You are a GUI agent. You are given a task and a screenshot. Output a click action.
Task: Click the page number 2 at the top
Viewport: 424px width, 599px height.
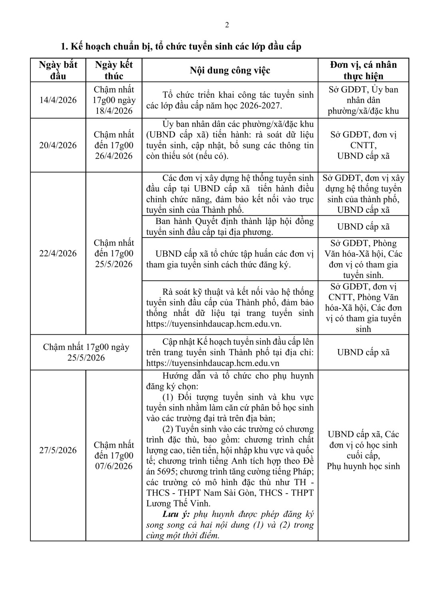(x=227, y=25)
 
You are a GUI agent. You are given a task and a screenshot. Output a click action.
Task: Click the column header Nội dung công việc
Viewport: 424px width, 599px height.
(x=230, y=71)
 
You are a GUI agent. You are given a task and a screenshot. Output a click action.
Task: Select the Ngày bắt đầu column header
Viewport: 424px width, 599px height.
(x=58, y=70)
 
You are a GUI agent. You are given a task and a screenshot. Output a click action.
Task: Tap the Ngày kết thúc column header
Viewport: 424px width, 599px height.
(x=114, y=70)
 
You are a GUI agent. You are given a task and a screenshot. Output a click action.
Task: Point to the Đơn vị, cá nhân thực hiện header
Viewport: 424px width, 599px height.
(x=363, y=70)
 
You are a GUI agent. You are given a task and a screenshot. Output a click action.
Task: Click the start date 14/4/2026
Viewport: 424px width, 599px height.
(x=58, y=100)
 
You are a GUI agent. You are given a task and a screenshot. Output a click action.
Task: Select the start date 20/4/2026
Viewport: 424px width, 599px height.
(x=58, y=145)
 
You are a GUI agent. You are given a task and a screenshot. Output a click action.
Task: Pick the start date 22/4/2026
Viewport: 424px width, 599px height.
(x=58, y=253)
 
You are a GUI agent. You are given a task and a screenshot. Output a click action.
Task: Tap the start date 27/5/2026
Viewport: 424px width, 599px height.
(x=58, y=450)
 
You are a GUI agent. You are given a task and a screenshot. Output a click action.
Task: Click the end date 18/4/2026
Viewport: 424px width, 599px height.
(x=114, y=111)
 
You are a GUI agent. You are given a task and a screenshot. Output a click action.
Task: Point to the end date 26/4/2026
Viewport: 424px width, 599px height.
(x=114, y=156)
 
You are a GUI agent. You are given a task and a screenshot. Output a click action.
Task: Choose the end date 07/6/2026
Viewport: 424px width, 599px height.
(x=114, y=466)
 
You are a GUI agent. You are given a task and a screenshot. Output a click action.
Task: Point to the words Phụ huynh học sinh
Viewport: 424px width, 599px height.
(x=363, y=466)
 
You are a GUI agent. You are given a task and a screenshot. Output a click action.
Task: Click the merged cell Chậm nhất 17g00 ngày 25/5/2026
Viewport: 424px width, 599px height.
(x=86, y=352)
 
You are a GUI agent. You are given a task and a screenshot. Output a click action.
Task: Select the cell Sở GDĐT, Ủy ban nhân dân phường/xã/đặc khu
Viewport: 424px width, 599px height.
(x=363, y=100)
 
